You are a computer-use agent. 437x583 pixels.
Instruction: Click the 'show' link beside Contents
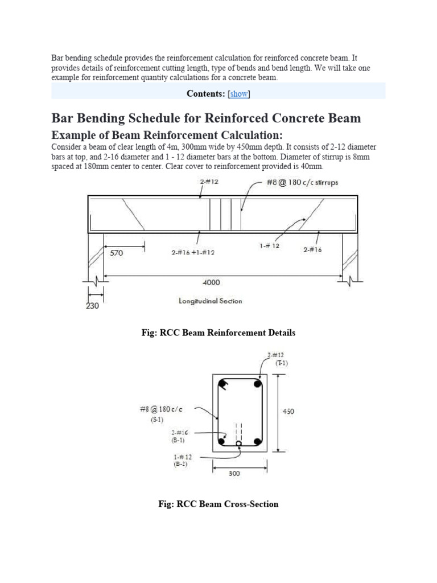tap(239, 94)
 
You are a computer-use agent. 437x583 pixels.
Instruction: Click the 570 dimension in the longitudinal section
tap(116, 254)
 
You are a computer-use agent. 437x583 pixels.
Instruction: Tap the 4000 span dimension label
tap(211, 282)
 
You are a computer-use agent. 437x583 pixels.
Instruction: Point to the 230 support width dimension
tap(92, 306)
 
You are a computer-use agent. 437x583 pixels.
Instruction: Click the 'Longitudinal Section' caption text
tap(210, 301)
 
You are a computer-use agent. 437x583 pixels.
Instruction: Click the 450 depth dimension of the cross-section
tap(288, 412)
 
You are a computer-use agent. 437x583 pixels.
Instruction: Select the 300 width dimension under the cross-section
tap(234, 473)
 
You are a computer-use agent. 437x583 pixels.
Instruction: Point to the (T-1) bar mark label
tap(282, 363)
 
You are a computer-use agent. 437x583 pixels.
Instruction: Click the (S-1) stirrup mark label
tap(158, 420)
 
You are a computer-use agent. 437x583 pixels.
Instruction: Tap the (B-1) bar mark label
tap(179, 440)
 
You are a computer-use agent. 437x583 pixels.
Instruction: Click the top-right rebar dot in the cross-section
tap(257, 384)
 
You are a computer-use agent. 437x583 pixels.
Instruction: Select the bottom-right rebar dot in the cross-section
tap(257, 442)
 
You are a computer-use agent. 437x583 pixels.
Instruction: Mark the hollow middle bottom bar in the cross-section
tap(239, 443)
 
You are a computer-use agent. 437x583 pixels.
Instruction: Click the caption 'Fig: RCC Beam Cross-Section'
tap(218, 504)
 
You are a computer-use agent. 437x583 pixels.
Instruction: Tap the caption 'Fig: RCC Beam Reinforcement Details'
tap(218, 332)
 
